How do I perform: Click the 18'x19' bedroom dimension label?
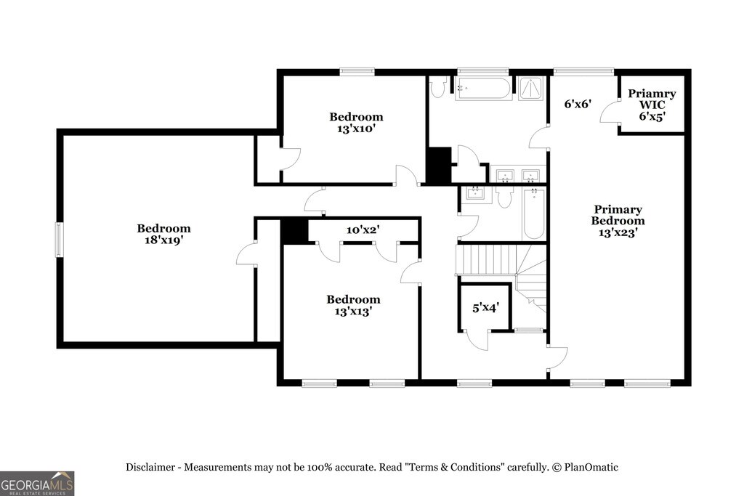click(163, 240)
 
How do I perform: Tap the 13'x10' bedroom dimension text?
click(356, 129)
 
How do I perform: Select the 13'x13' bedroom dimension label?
click(353, 311)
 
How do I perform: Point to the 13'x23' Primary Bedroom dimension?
click(618, 232)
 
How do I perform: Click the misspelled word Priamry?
click(652, 94)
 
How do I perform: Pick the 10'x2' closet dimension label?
click(363, 230)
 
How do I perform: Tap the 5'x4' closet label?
click(485, 308)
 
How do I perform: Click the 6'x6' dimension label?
click(578, 103)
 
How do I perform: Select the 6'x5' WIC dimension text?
click(652, 116)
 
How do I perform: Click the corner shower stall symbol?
click(530, 88)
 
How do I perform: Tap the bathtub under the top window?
click(483, 88)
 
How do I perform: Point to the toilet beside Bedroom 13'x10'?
click(437, 87)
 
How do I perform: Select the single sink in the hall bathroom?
click(474, 193)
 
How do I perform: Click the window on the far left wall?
click(59, 240)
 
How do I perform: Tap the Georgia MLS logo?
click(37, 484)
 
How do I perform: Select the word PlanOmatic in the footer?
click(591, 468)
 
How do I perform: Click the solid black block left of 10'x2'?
click(295, 232)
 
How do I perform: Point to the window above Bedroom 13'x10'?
click(357, 72)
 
